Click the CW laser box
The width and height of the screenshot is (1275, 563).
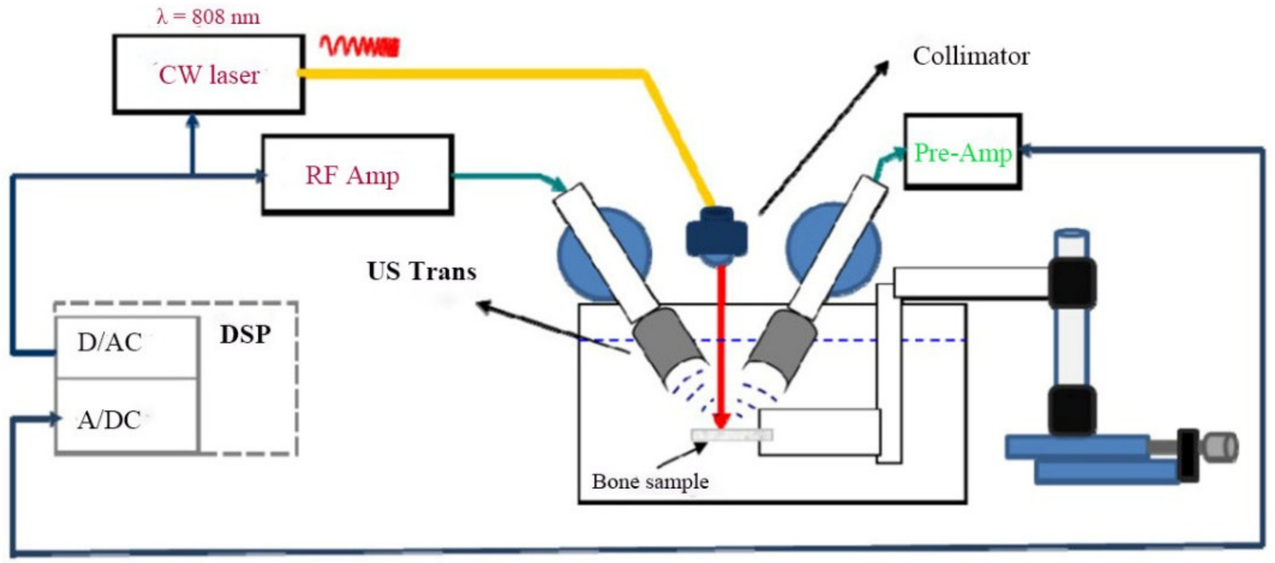(208, 74)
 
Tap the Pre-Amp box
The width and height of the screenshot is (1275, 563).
(962, 151)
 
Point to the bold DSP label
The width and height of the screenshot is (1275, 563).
(245, 335)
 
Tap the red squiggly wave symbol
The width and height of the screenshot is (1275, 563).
(359, 46)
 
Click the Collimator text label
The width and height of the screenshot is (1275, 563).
(971, 56)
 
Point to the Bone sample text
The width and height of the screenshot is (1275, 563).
(650, 481)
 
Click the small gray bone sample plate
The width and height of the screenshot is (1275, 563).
(732, 435)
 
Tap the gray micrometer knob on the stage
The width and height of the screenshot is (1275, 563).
(1222, 447)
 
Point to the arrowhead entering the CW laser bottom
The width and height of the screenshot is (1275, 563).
(192, 122)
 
